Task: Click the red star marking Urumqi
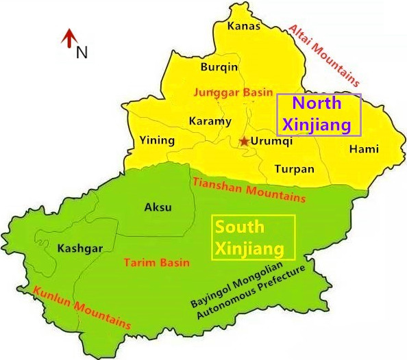tap(244, 142)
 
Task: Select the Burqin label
tap(219, 67)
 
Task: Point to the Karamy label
tap(210, 122)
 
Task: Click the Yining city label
tap(157, 141)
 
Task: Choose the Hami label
tap(364, 149)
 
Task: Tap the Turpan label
tap(294, 169)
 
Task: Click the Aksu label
tap(158, 207)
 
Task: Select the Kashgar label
tap(80, 248)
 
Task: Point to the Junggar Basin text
tap(234, 92)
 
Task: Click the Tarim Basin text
tap(154, 263)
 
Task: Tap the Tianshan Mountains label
tap(249, 189)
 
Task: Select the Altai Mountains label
tap(324, 52)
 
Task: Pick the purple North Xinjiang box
tap(318, 114)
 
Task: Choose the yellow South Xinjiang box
tap(254, 237)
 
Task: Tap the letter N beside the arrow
tap(82, 52)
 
